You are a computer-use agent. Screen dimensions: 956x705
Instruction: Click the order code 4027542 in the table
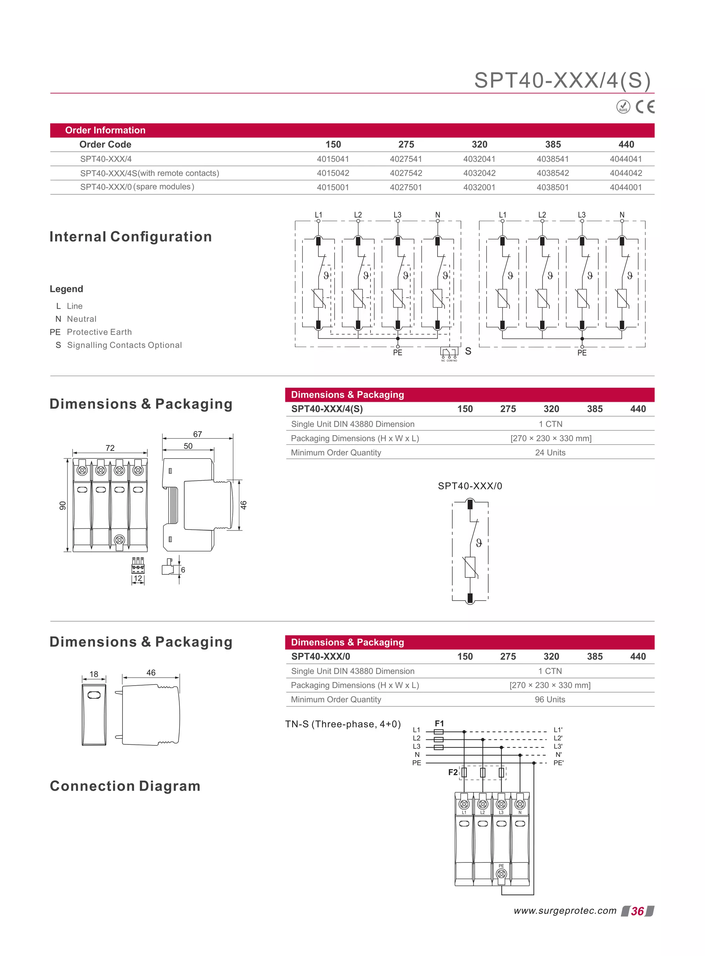point(406,173)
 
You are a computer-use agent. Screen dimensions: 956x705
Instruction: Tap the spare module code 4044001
point(625,187)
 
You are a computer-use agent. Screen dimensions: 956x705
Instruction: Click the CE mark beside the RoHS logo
point(644,107)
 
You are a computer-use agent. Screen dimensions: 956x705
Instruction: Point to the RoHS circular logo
point(623,107)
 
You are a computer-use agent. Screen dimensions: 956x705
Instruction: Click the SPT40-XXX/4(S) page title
point(562,80)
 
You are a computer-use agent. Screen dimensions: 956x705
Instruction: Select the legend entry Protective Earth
point(99,332)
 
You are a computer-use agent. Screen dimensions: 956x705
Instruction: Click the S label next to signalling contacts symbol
point(468,351)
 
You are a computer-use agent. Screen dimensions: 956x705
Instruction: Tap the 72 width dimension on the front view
point(110,448)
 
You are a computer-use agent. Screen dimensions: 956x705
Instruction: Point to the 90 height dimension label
point(63,505)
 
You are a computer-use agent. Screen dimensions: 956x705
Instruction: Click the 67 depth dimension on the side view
point(198,434)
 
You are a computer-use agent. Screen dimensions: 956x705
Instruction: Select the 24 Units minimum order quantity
point(550,452)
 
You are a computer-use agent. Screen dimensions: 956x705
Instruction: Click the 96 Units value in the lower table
point(550,699)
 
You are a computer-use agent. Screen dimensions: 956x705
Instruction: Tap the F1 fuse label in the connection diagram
point(439,723)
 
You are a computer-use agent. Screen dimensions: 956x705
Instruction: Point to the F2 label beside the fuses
point(453,772)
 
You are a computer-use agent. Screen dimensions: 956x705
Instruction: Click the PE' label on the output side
point(558,763)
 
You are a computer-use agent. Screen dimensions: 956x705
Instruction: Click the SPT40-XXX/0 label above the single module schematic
point(470,486)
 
